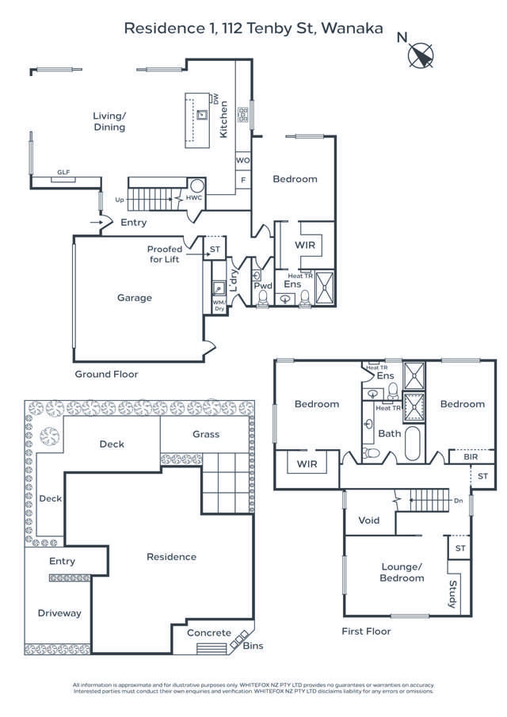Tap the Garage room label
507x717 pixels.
(135, 298)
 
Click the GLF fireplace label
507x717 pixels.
(63, 172)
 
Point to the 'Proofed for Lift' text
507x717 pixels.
(164, 254)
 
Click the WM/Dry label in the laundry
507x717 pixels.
(219, 305)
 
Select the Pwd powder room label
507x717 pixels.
(263, 284)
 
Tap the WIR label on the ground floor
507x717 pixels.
(305, 246)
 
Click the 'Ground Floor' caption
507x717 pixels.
(106, 374)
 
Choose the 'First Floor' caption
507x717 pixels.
(366, 631)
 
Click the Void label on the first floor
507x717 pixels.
(369, 521)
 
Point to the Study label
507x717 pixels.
(452, 595)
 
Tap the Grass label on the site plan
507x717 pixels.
(206, 434)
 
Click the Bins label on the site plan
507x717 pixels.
(253, 646)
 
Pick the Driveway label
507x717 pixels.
(59, 612)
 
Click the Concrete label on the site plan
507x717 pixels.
(209, 632)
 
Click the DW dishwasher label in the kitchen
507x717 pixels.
(215, 99)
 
